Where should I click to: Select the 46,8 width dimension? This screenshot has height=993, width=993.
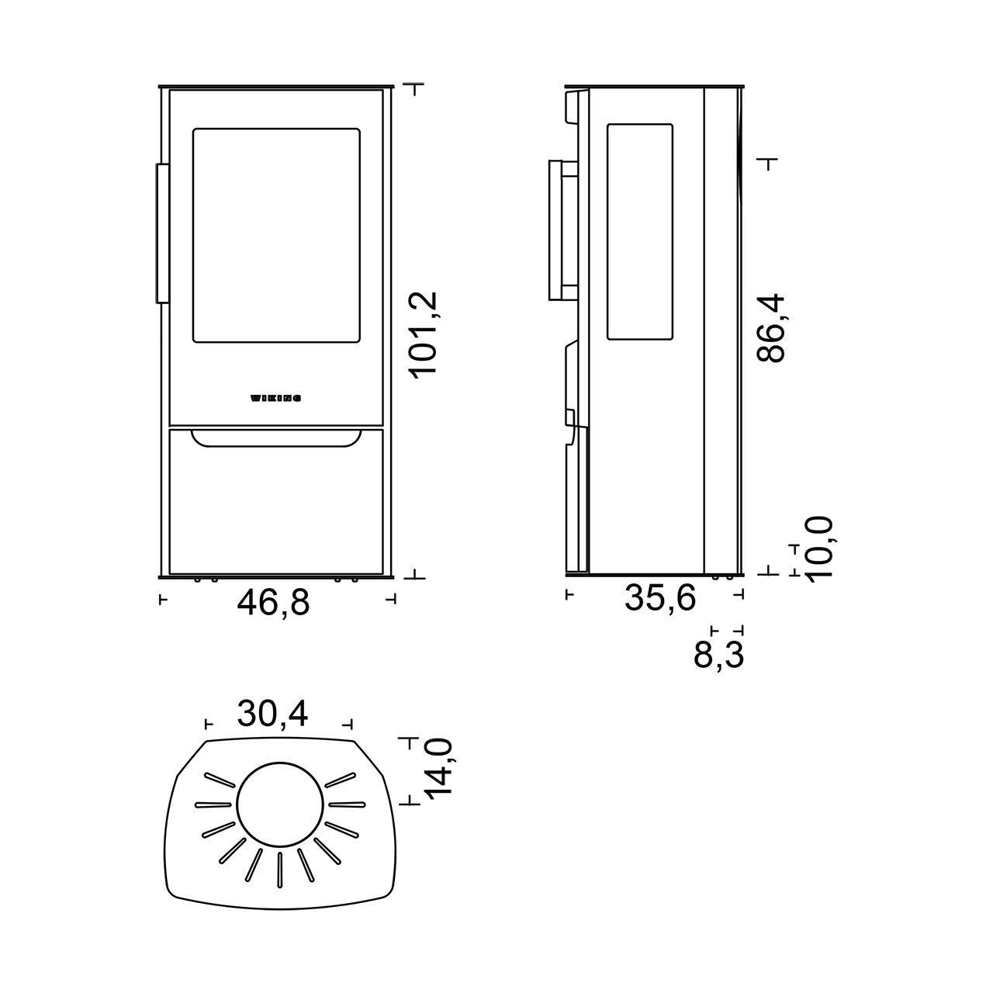point(273,603)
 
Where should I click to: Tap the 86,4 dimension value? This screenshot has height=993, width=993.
point(771,328)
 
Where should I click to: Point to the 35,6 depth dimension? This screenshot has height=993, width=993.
point(660,598)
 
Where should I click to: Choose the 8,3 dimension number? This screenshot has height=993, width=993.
point(718,656)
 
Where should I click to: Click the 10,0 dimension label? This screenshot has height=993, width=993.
point(819,548)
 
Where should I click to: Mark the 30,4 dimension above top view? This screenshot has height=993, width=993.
point(272,714)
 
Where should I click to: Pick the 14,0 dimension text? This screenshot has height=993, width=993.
point(438,769)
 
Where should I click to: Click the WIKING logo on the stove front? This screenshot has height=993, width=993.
point(275,399)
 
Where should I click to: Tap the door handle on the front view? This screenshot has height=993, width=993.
point(162,233)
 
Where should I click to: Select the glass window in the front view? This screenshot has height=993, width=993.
point(276,235)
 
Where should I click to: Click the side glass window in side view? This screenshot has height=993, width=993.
point(639,231)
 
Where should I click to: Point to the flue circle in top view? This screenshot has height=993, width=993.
point(279,805)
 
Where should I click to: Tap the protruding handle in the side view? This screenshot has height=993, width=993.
point(562,230)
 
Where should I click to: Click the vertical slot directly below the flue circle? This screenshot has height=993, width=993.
point(279,869)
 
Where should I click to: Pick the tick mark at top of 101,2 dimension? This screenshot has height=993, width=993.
point(417,88)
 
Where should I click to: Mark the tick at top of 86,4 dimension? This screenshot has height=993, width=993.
point(768,163)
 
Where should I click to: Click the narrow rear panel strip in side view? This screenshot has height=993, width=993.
point(722,330)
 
